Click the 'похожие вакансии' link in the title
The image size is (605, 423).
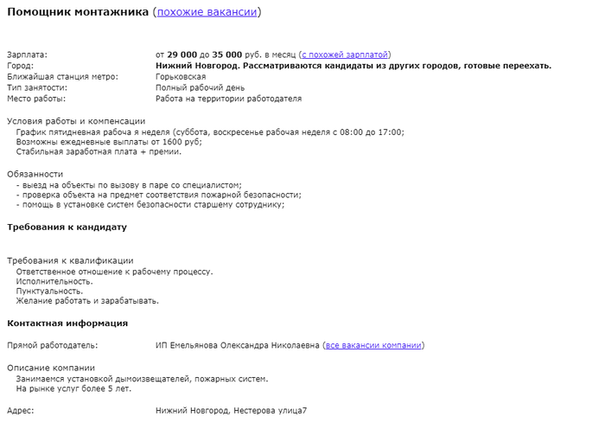[207, 12]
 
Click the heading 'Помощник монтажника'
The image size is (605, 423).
[77, 12]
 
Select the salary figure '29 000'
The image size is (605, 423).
[181, 54]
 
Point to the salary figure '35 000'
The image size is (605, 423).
[228, 54]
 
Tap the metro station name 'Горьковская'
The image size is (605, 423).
[181, 77]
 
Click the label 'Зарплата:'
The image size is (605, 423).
[27, 54]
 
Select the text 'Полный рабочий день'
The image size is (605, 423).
[200, 87]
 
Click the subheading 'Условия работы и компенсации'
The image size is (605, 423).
[76, 121]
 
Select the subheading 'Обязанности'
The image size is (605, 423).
[35, 174]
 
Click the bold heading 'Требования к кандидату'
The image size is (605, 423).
[67, 228]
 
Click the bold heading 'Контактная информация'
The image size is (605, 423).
[67, 323]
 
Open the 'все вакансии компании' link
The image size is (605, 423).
[373, 345]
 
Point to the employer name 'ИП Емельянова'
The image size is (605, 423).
[190, 345]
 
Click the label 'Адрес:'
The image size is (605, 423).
[21, 409]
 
